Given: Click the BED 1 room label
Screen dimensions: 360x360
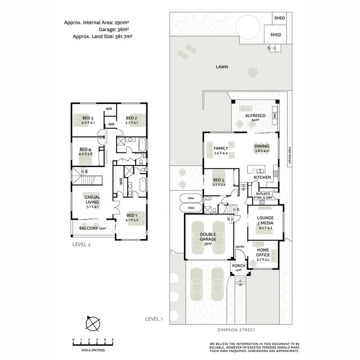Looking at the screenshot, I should pyautogui.click(x=132, y=216).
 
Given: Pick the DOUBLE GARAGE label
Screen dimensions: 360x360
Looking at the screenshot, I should pyautogui.click(x=208, y=237).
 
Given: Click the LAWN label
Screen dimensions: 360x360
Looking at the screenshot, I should pyautogui.click(x=222, y=67).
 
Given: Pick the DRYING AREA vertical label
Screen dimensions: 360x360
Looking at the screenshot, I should pyautogui.click(x=289, y=156).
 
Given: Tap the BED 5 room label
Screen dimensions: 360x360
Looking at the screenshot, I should pyautogui.click(x=219, y=182).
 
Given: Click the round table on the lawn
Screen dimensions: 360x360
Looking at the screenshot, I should pyautogui.click(x=252, y=72).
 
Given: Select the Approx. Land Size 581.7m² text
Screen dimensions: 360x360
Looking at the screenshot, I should pyautogui.click(x=102, y=36).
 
